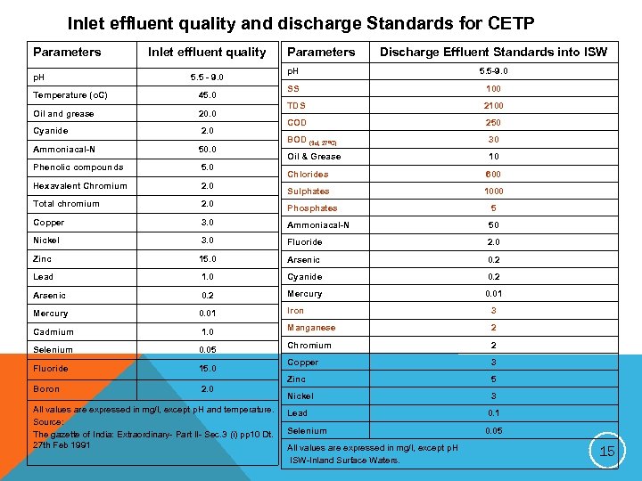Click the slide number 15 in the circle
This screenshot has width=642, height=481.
(607, 452)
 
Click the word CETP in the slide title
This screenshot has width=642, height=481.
(508, 22)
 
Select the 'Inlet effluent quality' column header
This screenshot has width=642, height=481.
(207, 53)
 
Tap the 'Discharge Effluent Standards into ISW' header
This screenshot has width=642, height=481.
(493, 53)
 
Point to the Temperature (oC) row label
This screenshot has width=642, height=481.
(72, 95)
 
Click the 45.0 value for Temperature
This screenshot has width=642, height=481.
(207, 95)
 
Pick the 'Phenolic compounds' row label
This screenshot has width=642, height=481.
(78, 167)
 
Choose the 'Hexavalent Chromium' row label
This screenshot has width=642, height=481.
(79, 186)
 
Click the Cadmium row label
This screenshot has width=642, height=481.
(53, 331)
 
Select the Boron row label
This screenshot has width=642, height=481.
(46, 389)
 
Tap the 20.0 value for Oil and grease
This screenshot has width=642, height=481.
(207, 114)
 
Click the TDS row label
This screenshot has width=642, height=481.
(297, 106)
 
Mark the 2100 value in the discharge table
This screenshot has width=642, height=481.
(493, 106)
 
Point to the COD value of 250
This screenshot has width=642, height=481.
(493, 123)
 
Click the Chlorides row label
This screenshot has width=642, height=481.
(308, 175)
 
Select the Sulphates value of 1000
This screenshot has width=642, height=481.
(493, 192)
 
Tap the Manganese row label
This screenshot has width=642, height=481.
(312, 328)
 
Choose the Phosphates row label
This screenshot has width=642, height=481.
(312, 208)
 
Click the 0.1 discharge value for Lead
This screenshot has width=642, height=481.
(493, 413)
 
